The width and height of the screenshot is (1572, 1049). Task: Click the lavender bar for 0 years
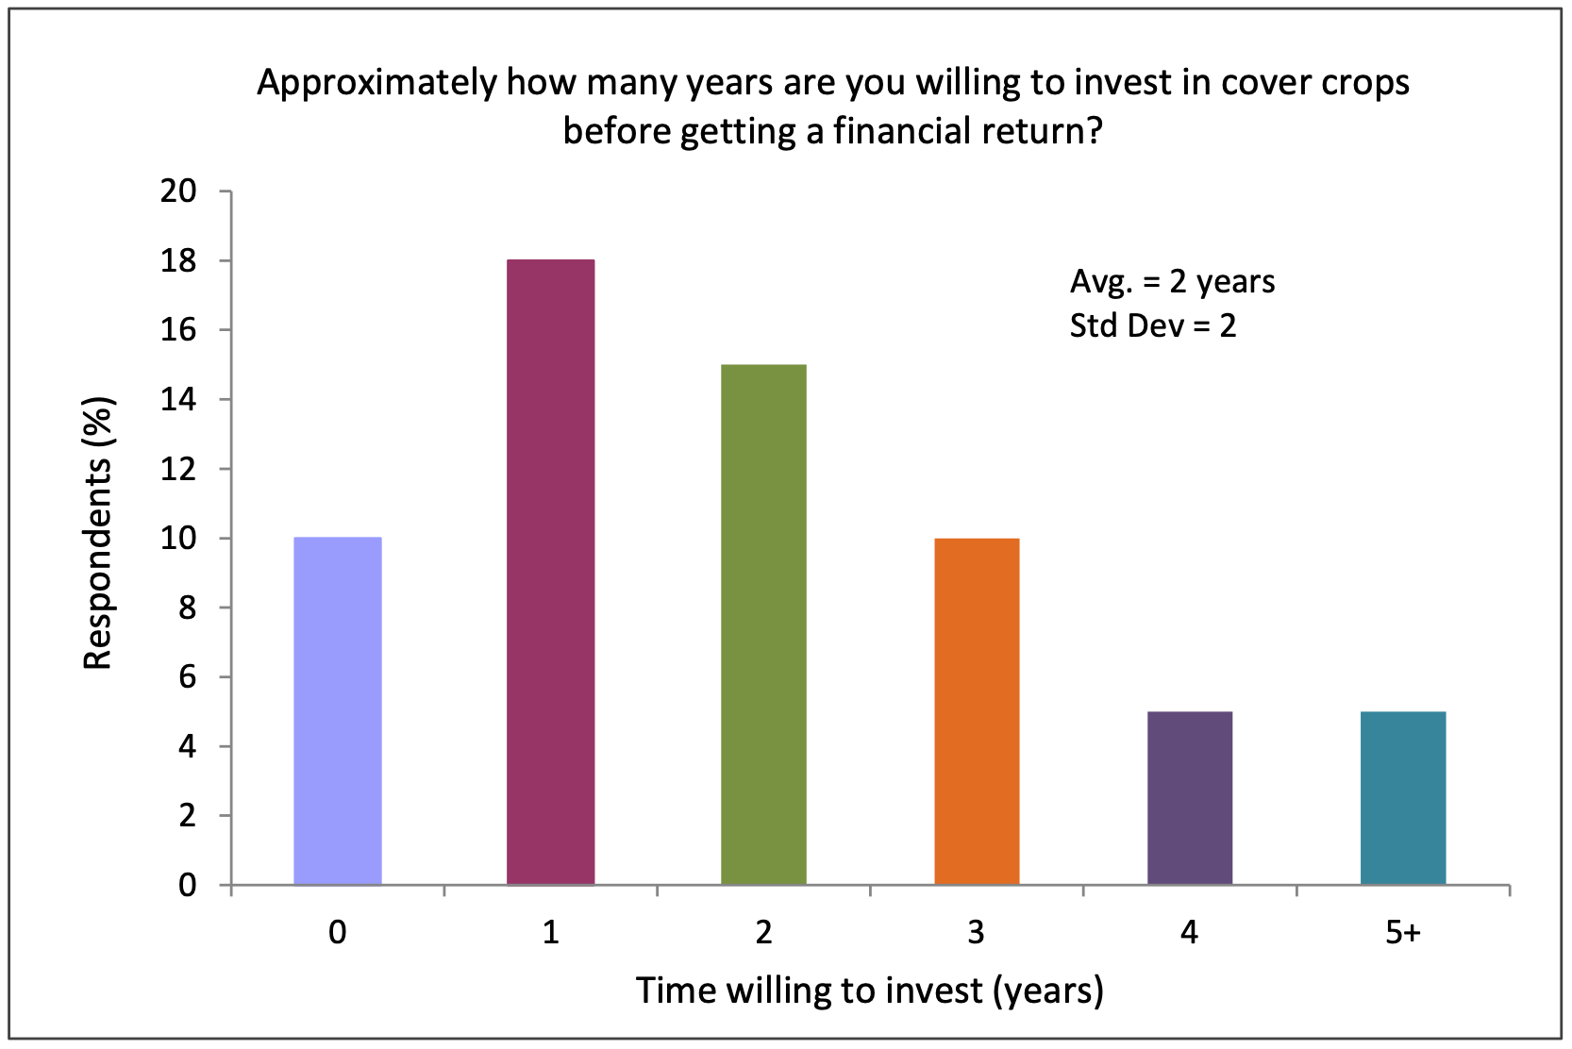pos(338,710)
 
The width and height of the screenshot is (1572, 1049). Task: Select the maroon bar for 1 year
pos(551,572)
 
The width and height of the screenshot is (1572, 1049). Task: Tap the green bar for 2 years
pos(763,624)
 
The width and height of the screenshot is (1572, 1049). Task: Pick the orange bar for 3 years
pos(977,711)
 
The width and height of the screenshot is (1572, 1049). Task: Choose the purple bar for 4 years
pos(1190,798)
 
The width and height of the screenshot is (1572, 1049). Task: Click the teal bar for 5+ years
pos(1404,798)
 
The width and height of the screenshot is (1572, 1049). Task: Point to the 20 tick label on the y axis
pos(178,191)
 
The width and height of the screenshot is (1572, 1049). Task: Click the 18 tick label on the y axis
pos(178,261)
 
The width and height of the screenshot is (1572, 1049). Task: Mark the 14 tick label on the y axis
pos(178,400)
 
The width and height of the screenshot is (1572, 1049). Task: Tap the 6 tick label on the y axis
pos(188,677)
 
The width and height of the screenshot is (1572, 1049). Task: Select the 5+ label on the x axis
pos(1403,933)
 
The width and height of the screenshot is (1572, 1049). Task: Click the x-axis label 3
pos(977,933)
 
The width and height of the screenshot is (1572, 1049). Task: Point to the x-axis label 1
pos(551,933)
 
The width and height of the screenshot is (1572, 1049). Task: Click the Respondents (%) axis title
pos(97,533)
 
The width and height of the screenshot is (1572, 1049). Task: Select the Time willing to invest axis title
pos(870,991)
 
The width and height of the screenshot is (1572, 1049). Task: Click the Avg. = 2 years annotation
pos(1172,282)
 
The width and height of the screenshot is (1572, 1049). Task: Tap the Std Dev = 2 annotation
pos(1152,325)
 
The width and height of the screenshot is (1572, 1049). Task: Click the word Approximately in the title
pos(376,84)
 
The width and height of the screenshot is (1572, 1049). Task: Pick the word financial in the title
pos(902,130)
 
